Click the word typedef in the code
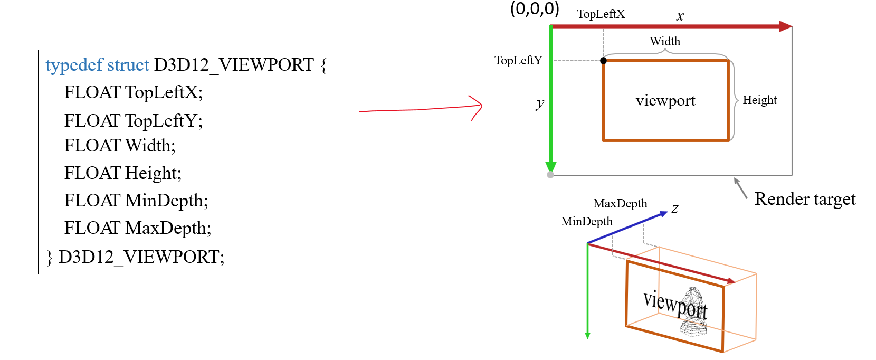click(74, 65)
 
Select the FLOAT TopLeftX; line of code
click(133, 92)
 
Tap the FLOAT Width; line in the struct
click(120, 146)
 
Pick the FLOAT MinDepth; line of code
click(136, 201)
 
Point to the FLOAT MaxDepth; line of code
click(138, 228)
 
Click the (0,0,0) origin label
click(534, 9)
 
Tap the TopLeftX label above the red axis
click(601, 14)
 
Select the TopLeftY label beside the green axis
click(518, 61)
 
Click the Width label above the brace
click(665, 41)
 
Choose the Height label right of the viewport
click(759, 100)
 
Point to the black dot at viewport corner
click(604, 61)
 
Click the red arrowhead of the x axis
click(786, 26)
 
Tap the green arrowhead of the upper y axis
click(551, 166)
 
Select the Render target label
click(805, 199)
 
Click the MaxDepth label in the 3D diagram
click(620, 204)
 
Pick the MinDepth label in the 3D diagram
click(587, 222)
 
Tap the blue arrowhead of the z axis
click(663, 214)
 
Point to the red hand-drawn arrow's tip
click(481, 106)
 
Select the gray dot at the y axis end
click(550, 175)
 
